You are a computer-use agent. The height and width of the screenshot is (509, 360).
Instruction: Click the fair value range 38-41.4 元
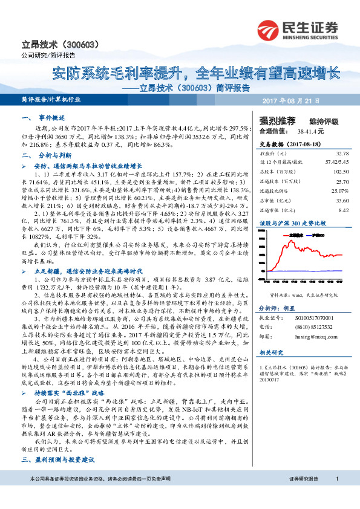pyautogui.click(x=311, y=130)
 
